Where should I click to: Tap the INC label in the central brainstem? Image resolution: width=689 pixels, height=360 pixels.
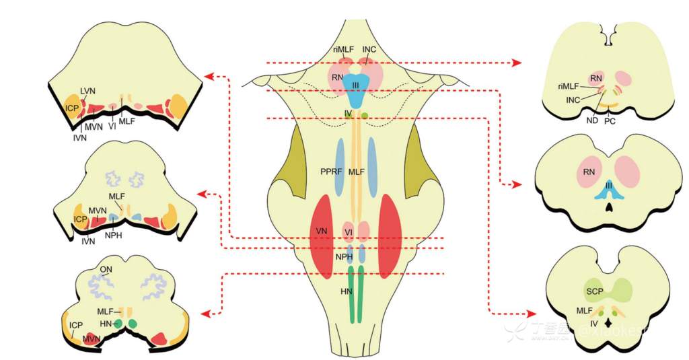369,50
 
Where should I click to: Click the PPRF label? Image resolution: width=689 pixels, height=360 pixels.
333,172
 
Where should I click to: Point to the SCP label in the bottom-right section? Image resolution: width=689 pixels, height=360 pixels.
594,291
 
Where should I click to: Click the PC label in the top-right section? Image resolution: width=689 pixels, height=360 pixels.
610,121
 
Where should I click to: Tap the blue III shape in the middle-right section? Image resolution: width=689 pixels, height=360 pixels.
608,190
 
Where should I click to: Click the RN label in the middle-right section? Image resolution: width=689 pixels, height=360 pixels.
589,172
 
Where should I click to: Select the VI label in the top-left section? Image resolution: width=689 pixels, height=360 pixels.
112,125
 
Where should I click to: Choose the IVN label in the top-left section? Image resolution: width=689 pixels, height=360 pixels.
79,137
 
